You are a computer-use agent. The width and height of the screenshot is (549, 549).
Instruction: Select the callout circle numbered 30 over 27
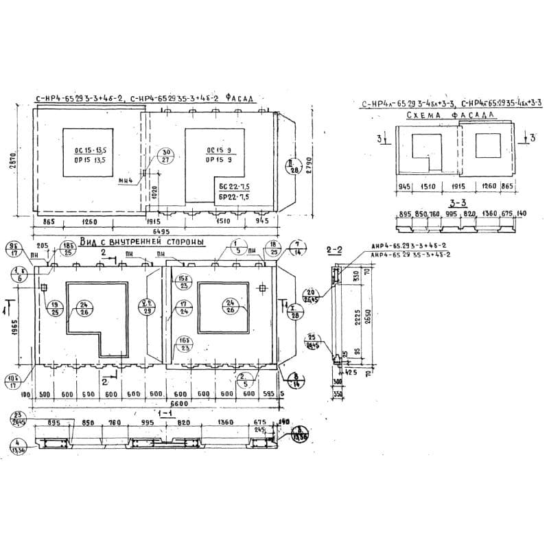pos(164,156)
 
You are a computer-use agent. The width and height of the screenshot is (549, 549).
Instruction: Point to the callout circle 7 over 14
pos(297,248)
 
